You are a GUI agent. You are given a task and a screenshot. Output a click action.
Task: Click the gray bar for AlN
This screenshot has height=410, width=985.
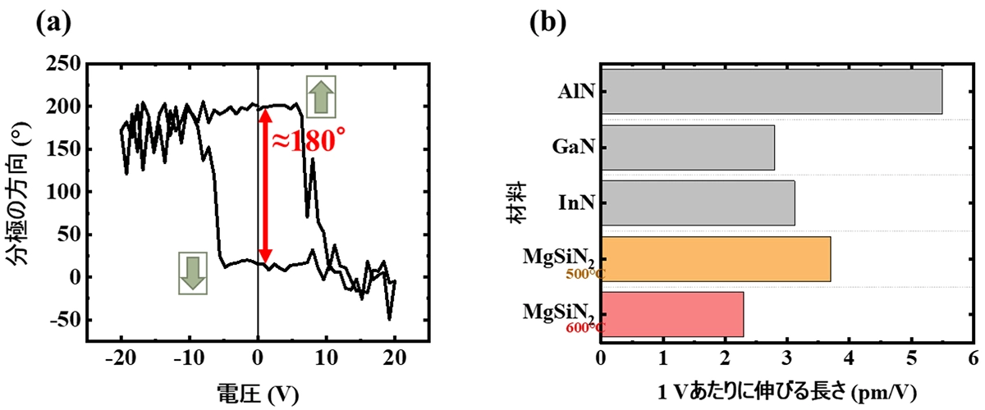[772, 92]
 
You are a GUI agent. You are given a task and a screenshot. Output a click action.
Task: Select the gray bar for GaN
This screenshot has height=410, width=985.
[688, 148]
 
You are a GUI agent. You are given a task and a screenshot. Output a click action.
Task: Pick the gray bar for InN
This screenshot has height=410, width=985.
[698, 203]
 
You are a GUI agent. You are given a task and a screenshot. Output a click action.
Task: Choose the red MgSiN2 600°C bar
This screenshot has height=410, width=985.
[672, 314]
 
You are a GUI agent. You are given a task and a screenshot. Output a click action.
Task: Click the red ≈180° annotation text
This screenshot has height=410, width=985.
[305, 141]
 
